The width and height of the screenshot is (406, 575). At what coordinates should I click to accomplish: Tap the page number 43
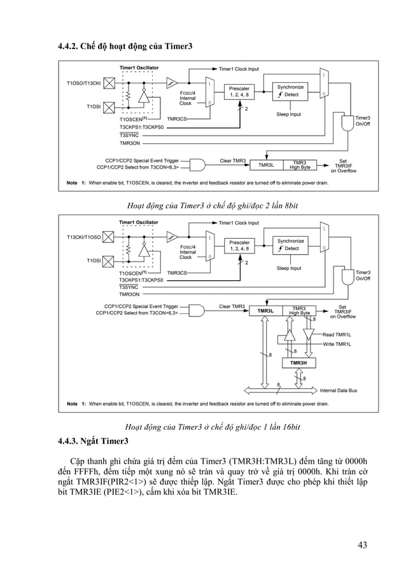pos(362,544)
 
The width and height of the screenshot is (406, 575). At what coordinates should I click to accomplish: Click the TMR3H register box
pos(298,362)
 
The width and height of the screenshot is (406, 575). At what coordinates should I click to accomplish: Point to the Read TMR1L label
pos(337,334)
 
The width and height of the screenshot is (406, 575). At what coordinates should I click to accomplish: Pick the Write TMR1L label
pos(337,344)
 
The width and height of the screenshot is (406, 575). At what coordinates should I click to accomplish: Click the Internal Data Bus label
pos(338,390)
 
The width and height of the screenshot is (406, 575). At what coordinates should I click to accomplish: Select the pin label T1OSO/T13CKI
pos(83,83)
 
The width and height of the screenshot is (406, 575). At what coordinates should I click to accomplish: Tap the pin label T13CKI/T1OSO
pos(83,237)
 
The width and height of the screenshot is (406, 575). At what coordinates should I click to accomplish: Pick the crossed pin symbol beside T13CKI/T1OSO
pos(109,237)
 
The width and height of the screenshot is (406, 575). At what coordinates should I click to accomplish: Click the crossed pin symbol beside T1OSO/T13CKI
pos(109,83)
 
